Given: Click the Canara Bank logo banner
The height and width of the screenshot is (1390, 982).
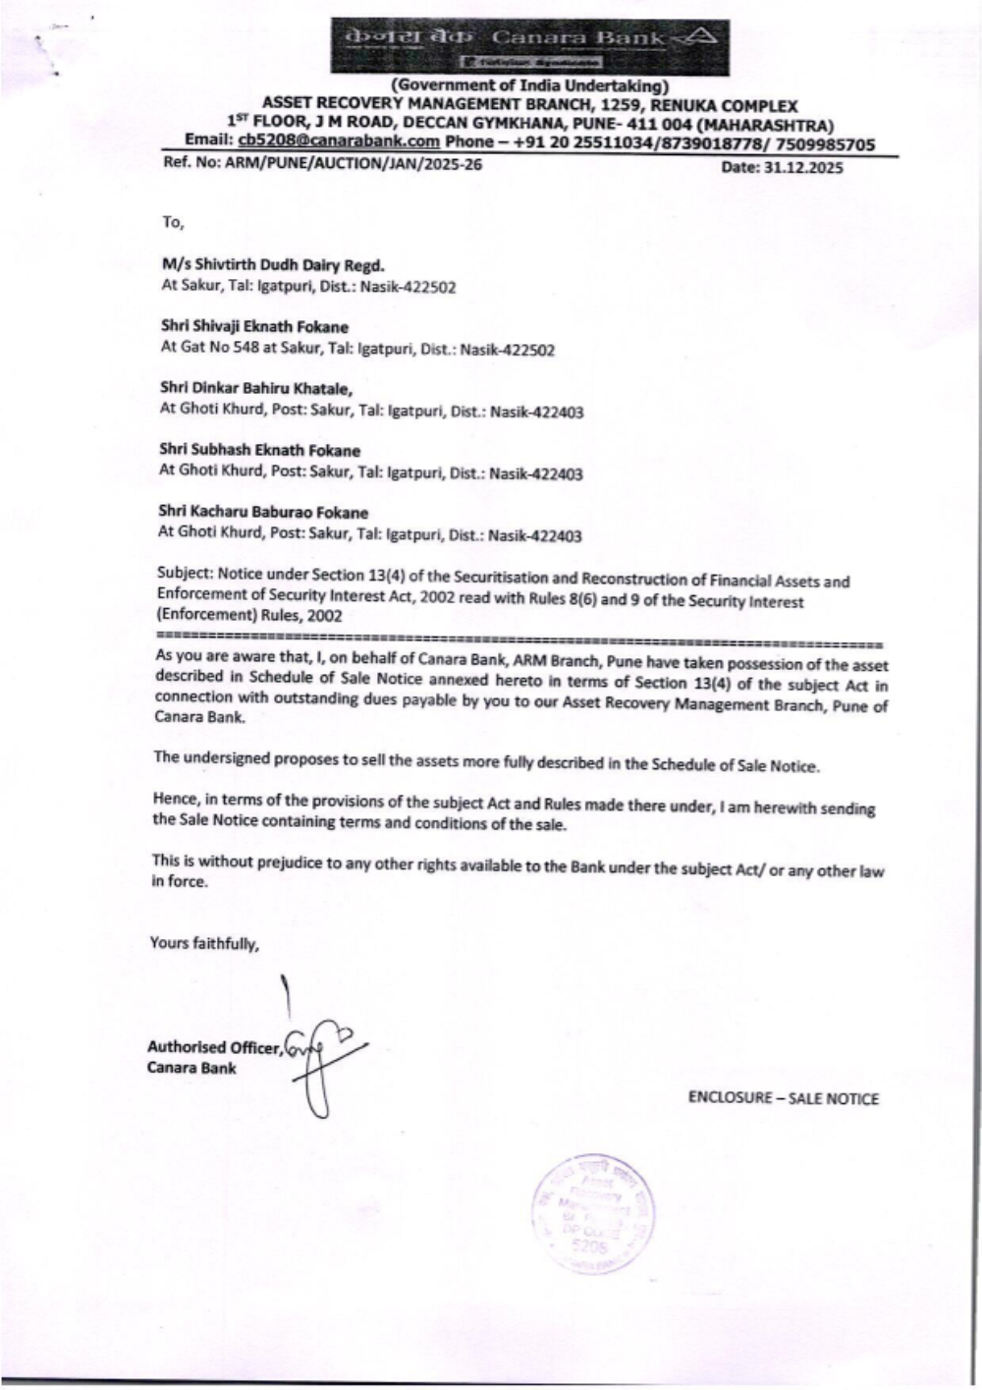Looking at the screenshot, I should coord(530,46).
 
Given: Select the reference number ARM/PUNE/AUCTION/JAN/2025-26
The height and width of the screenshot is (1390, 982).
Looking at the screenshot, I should coord(354,164).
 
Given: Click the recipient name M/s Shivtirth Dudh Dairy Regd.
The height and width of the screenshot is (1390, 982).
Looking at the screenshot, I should coord(273,265).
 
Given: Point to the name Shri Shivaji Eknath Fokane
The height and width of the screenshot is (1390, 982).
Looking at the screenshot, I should coord(254,326).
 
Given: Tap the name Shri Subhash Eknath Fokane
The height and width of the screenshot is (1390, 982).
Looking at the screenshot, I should coord(259,451).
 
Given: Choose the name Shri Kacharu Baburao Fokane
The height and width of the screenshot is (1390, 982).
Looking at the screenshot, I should coord(263,513).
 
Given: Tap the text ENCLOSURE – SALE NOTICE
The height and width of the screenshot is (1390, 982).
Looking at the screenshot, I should coord(783,1099).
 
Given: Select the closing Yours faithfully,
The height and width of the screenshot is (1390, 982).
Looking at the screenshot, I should coord(204,944).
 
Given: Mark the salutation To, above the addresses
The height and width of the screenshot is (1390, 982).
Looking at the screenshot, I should coord(173,222).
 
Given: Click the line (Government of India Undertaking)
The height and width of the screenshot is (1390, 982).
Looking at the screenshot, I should coord(529,86).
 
